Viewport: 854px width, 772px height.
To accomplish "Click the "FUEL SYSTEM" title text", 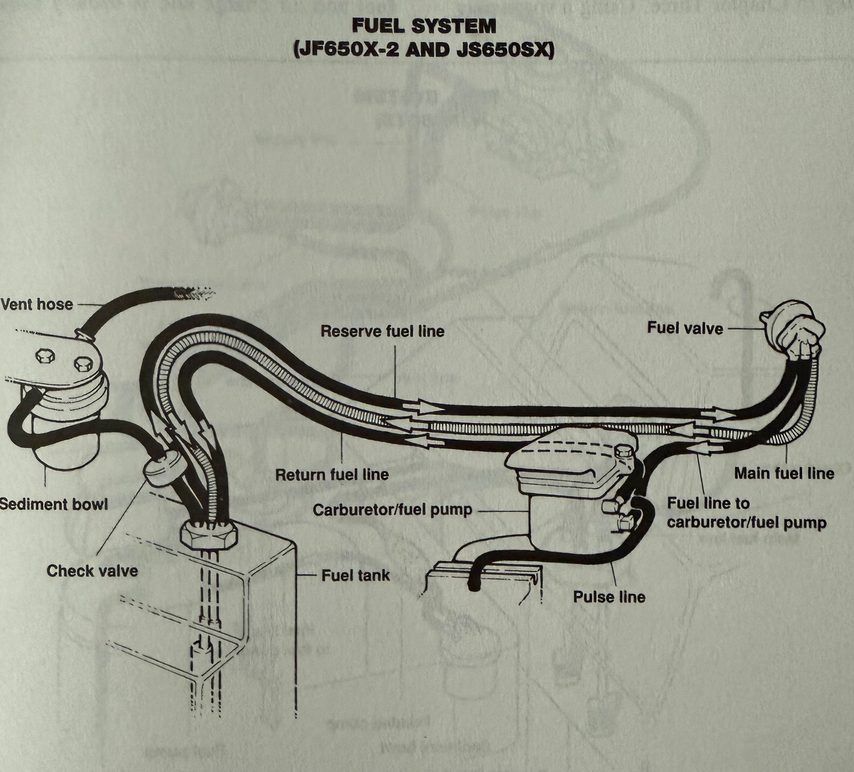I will coord(424,26).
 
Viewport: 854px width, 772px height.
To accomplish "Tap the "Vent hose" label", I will coord(36,304).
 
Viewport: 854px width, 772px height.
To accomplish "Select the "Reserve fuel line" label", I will coord(382,331).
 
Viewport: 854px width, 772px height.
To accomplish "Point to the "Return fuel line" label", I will coord(332,475).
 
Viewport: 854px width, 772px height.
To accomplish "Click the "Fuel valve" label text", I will coord(685,328).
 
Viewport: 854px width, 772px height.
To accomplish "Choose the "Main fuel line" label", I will coord(784,473).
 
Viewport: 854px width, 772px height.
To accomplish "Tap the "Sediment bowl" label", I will coord(53,504).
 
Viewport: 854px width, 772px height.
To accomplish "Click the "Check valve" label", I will coord(92,571).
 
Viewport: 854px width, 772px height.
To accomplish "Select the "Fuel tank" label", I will coord(355,576).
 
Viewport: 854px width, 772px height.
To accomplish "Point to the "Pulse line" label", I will coord(609,597).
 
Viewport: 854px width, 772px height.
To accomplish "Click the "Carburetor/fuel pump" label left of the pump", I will coord(392,510).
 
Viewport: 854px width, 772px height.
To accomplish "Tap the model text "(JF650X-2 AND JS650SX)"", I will coord(424,50).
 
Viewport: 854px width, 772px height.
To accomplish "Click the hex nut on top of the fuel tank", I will coord(209,534).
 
